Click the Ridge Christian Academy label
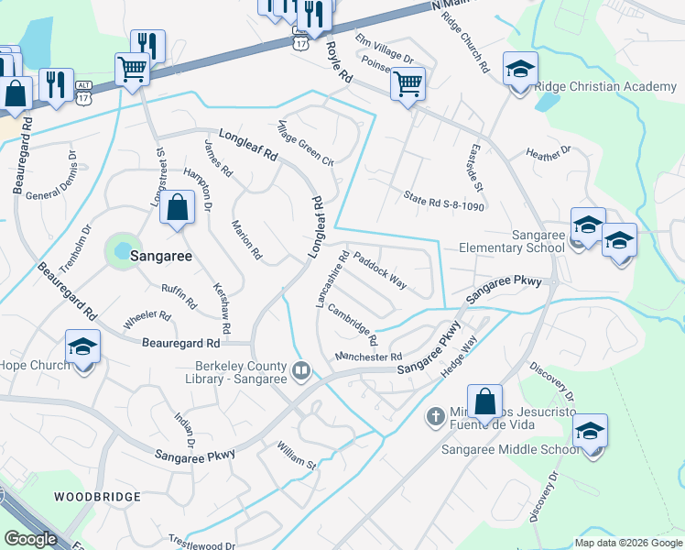(604, 87)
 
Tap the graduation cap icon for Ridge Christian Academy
(520, 70)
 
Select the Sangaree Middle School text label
(510, 449)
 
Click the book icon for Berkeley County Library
(300, 371)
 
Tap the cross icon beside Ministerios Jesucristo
(437, 417)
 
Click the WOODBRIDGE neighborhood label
(97, 497)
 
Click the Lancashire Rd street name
(332, 280)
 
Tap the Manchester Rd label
(368, 357)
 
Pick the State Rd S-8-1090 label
(444, 201)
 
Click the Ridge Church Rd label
(473, 43)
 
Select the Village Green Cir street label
(306, 142)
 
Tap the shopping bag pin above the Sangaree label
(178, 208)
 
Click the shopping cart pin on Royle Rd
(407, 84)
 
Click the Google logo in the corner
(30, 539)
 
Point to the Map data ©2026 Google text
(627, 543)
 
